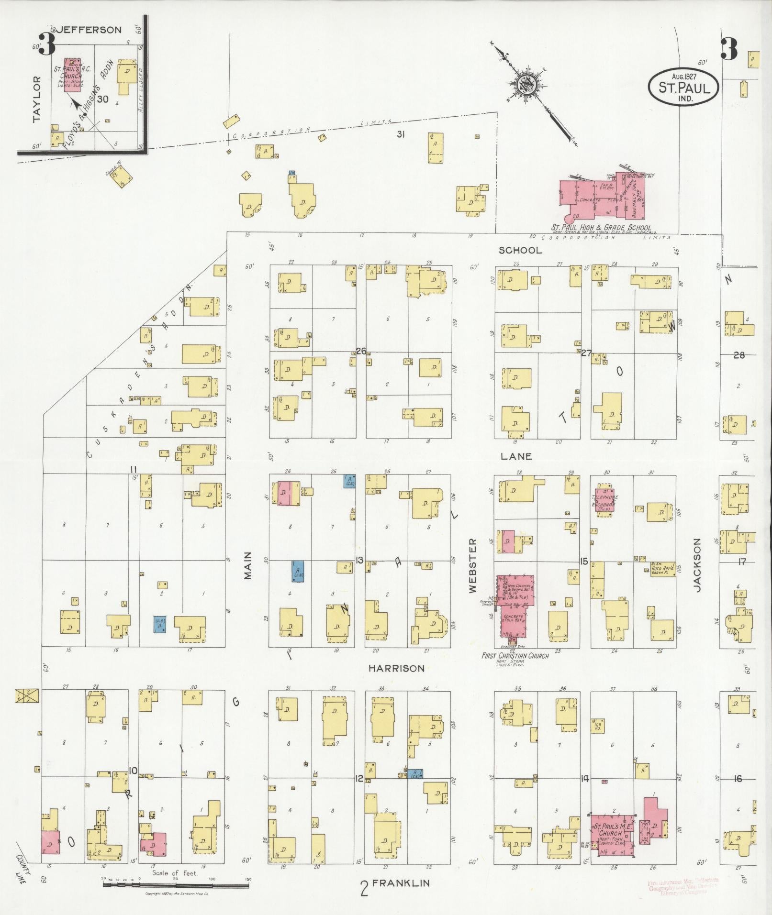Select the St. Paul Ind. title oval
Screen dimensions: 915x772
click(x=683, y=86)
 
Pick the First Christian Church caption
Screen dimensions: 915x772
click(x=515, y=656)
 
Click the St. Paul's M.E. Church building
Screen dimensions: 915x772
click(x=613, y=834)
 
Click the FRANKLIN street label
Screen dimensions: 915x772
click(x=401, y=883)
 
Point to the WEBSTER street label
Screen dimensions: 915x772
click(x=473, y=566)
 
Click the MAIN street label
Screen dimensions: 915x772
click(x=247, y=566)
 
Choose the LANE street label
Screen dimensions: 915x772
click(x=516, y=456)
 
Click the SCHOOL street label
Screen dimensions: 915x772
click(x=520, y=250)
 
